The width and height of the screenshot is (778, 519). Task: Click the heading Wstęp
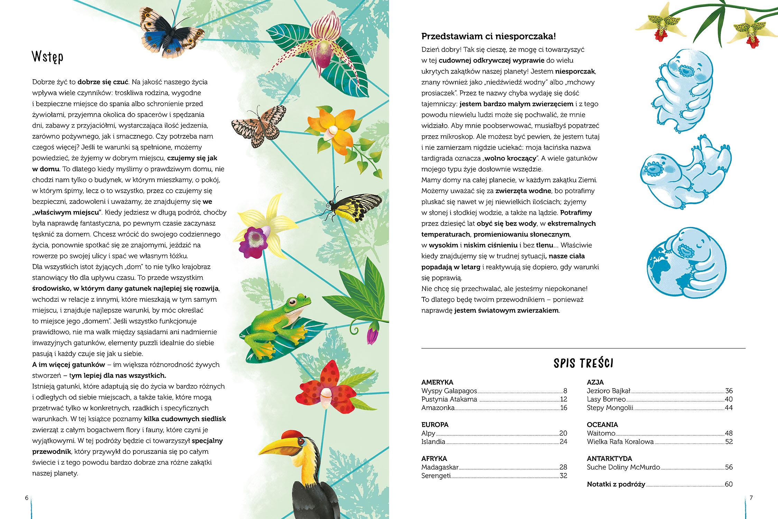coord(48,57)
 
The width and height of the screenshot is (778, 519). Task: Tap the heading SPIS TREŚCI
coord(583,363)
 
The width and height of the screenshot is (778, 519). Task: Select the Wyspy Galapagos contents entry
coord(449,391)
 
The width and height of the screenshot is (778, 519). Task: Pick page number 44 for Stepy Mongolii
coord(729,408)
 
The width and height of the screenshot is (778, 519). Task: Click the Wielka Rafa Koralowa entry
coord(620,442)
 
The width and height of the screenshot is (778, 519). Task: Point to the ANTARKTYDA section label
coord(609,458)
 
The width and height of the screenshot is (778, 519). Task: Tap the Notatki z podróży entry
coord(616,484)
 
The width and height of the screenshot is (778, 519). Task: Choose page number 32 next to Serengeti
coord(563,476)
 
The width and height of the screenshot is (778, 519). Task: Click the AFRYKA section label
coord(434,458)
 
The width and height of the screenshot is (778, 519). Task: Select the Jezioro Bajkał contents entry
coord(609,391)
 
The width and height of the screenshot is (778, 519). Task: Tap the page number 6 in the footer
coord(26,498)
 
